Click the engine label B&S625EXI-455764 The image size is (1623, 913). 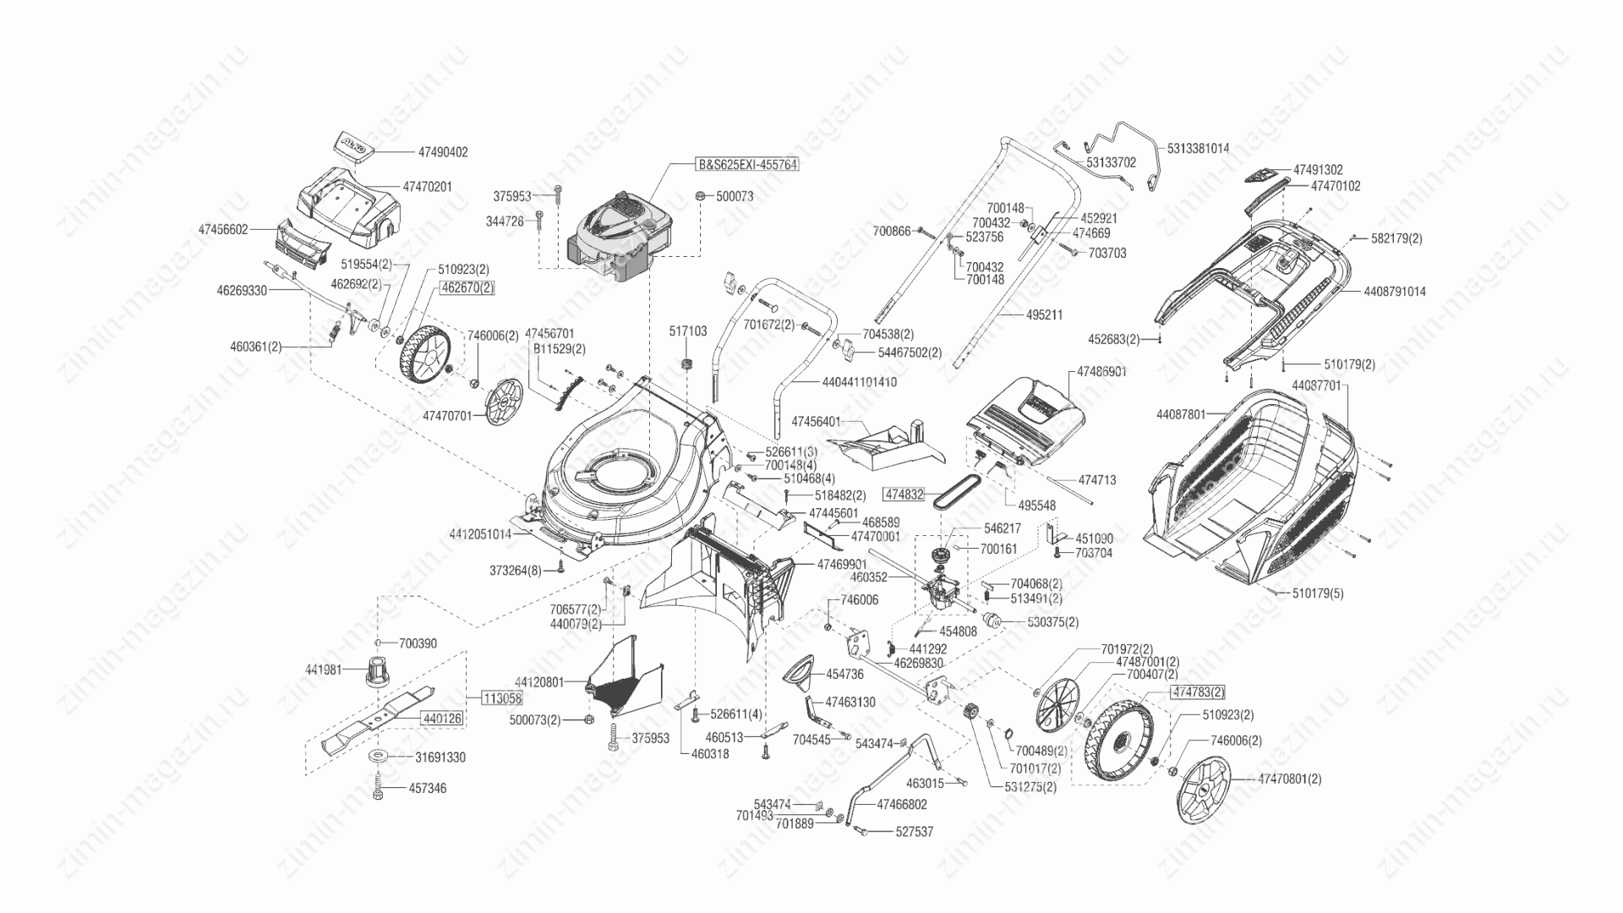point(746,164)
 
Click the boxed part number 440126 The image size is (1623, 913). point(442,719)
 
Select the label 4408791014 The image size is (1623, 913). point(1394,292)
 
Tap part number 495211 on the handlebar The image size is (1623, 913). point(1044,314)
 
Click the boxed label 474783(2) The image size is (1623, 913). point(1197,692)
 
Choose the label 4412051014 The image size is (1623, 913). point(479,534)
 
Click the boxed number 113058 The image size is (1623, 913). point(502,698)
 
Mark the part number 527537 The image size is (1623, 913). point(915,832)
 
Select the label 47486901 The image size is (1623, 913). point(1101,371)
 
